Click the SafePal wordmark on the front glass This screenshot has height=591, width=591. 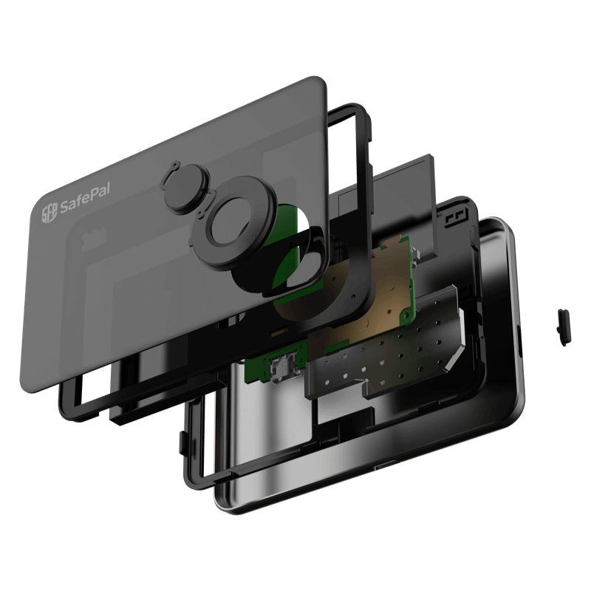point(85,199)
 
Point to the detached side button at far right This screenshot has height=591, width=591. point(564,327)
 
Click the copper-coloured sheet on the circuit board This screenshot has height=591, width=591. point(339,301)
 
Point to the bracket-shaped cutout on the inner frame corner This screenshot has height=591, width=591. point(456,218)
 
